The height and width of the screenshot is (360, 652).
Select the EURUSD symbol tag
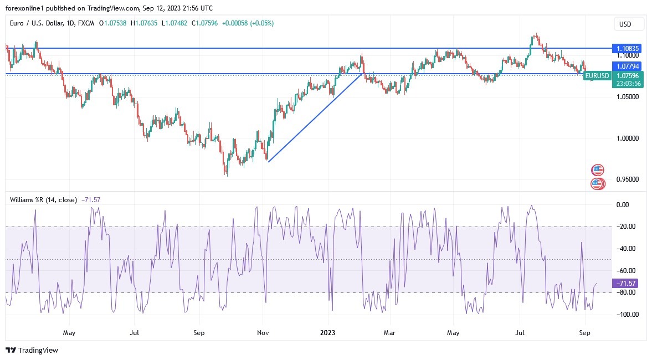(x=597, y=76)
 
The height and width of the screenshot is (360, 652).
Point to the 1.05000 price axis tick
(x=628, y=97)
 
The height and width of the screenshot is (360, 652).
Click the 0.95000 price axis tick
(x=628, y=179)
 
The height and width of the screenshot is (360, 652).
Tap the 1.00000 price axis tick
(x=628, y=138)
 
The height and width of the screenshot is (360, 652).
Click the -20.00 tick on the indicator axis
(x=627, y=227)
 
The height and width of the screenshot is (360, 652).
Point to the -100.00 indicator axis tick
(x=627, y=315)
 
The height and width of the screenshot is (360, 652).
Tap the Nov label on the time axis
(x=264, y=333)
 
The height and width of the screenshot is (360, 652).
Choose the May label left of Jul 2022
(x=69, y=333)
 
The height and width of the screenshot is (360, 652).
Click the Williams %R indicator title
(x=44, y=199)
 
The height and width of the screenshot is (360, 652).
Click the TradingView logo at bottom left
(x=32, y=350)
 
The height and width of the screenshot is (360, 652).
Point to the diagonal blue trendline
(x=315, y=117)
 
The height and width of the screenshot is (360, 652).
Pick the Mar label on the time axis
(x=390, y=333)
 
